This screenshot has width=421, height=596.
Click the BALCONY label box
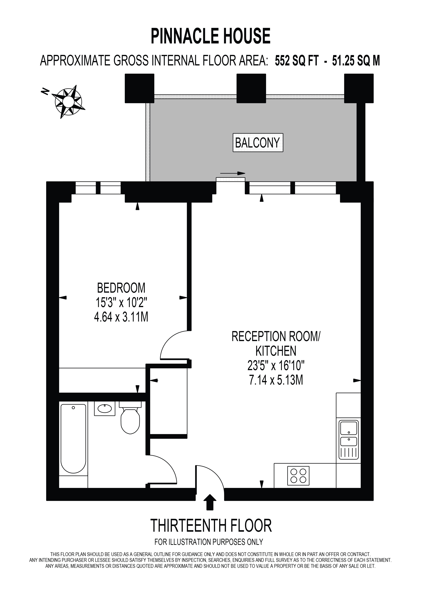coord(258,143)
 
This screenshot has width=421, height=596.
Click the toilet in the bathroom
coord(130,417)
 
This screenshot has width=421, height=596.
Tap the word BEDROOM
coord(121,288)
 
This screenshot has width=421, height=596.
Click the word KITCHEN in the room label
coord(276,351)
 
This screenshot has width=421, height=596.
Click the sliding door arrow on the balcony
coord(233,173)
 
